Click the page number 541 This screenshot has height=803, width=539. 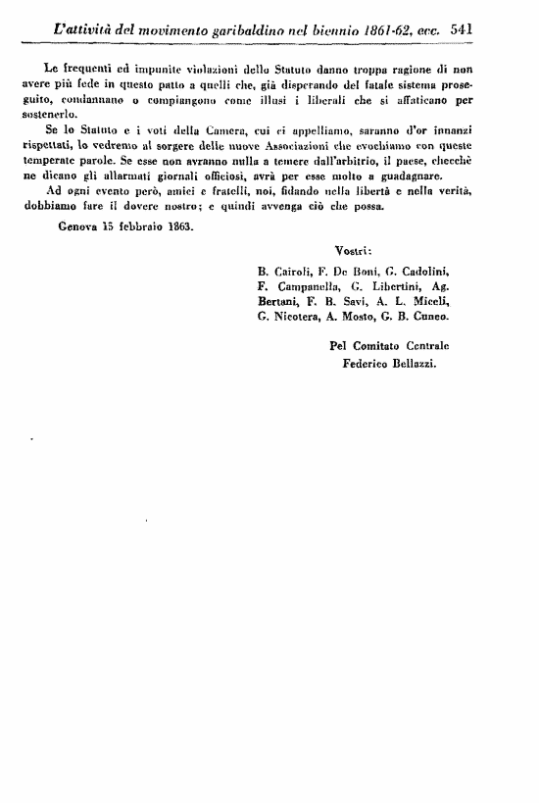point(462,29)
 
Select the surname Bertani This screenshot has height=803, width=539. point(277,302)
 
